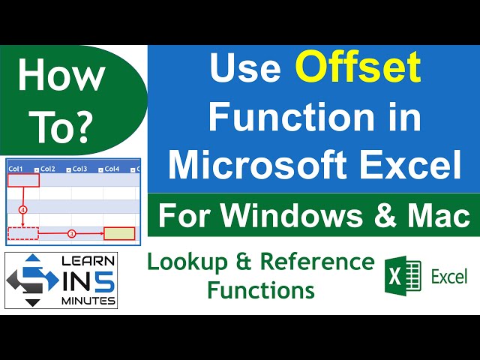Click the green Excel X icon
pos(403,277)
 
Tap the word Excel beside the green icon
pos(448,277)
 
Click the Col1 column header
pos(16,169)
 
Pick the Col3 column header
pos(81,169)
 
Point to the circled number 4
pos(22,210)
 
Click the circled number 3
pos(72,233)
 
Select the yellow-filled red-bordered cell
pos(119,234)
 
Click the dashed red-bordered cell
pos(22,233)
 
